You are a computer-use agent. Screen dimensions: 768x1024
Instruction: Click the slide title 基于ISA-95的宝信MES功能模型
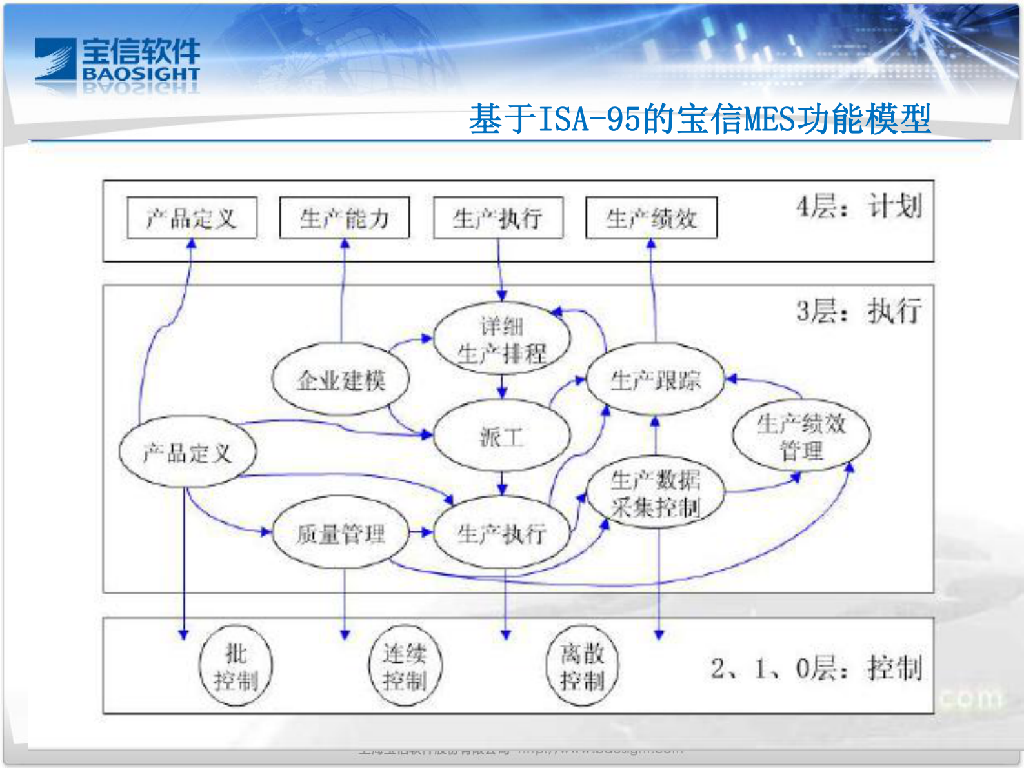coord(699,119)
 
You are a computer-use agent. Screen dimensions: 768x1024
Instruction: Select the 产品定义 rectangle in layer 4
coord(192,218)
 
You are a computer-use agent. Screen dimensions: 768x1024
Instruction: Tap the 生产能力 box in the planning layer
coord(344,218)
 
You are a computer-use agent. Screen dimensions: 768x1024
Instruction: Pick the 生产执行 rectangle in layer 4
coord(497,218)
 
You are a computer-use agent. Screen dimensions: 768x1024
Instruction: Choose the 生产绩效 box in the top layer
coord(651,218)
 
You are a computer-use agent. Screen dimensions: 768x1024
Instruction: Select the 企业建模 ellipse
coord(340,379)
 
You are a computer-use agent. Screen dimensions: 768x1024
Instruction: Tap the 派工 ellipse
coord(501,436)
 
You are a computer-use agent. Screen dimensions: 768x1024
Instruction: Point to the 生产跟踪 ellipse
coord(655,379)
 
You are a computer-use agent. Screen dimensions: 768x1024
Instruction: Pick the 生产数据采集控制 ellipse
coord(655,493)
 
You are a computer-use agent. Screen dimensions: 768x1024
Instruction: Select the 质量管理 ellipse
coord(340,533)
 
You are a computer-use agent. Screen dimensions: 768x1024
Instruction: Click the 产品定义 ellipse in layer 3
coord(187,452)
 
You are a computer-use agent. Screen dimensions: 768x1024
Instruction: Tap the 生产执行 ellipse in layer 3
coord(501,533)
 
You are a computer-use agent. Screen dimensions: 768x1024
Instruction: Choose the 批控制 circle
coord(236,666)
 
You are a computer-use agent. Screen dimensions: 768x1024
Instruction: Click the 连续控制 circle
coord(405,666)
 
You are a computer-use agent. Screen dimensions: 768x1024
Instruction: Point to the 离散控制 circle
coord(582,666)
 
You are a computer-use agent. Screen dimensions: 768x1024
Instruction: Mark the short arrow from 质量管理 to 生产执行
coord(421,532)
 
